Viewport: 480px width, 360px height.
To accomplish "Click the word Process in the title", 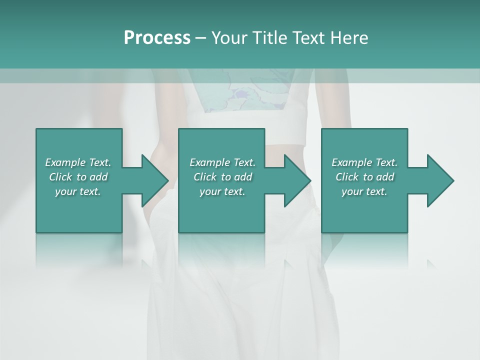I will pyautogui.click(x=157, y=38).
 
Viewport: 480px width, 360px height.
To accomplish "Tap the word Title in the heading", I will pyautogui.click(x=267, y=38).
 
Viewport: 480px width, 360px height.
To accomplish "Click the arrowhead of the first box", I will pyautogui.click(x=154, y=180).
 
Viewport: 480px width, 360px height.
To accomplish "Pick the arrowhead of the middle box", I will pyautogui.click(x=297, y=180).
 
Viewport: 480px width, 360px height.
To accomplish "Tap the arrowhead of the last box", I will pyautogui.click(x=440, y=180).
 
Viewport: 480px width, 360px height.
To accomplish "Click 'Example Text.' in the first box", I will pyautogui.click(x=78, y=162).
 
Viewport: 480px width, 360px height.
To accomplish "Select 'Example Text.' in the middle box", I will pyautogui.click(x=222, y=162).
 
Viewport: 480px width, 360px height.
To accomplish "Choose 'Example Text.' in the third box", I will pyautogui.click(x=364, y=162).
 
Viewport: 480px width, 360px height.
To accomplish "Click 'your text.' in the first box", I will pyautogui.click(x=78, y=191).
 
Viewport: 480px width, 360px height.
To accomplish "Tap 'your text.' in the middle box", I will pyautogui.click(x=222, y=191).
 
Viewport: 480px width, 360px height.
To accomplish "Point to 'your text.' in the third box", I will pyautogui.click(x=364, y=191).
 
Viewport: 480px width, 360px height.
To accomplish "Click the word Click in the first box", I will pyautogui.click(x=60, y=177).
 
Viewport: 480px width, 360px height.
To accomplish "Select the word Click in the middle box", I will pyautogui.click(x=205, y=177).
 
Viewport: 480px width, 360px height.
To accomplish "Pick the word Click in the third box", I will pyautogui.click(x=347, y=177).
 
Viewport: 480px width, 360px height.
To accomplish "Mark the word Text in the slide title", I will pyautogui.click(x=307, y=38).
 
